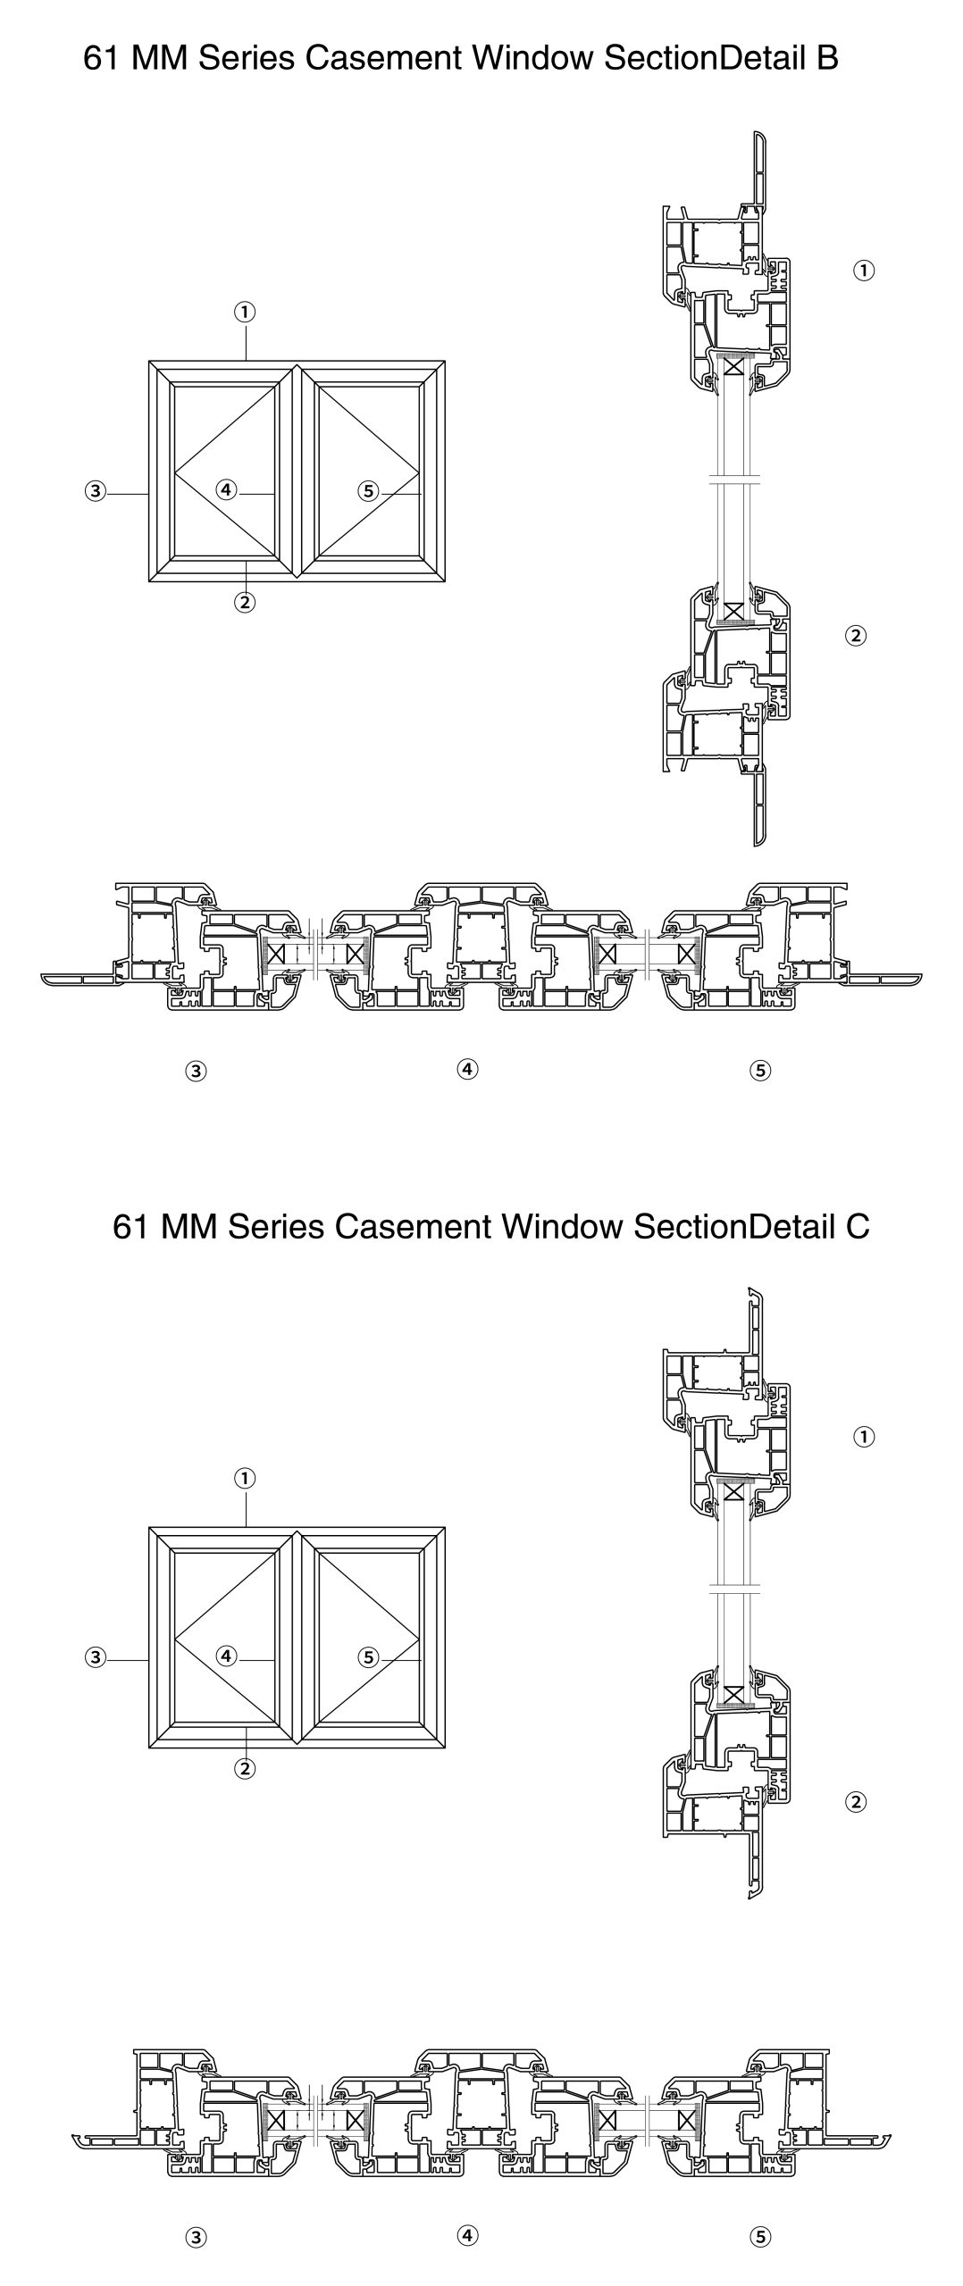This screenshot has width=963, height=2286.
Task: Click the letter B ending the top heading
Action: (x=827, y=59)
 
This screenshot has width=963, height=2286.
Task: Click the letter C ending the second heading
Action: (x=857, y=1226)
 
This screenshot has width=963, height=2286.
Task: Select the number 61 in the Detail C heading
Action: (x=130, y=1226)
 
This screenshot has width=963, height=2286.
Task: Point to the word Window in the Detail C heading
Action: (x=561, y=1226)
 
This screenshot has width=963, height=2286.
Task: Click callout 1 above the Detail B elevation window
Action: (x=245, y=312)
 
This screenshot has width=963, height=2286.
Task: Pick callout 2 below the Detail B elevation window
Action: (x=245, y=602)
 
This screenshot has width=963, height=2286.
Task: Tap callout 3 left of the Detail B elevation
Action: (x=96, y=490)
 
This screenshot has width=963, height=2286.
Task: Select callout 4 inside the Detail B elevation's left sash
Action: (x=226, y=489)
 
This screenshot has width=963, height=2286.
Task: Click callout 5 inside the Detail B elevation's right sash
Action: (x=368, y=490)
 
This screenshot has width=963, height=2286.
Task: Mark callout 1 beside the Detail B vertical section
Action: (x=864, y=270)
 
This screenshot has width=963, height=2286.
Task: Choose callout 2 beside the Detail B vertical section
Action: (x=856, y=636)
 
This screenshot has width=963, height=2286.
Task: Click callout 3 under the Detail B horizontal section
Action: (x=197, y=1071)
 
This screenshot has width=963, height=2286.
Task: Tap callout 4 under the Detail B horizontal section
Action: (x=467, y=1068)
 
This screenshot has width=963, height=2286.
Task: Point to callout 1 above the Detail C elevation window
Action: (x=245, y=1478)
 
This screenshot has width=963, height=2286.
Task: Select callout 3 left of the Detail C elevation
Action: (x=96, y=1657)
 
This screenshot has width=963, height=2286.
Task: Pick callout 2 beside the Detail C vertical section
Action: (x=856, y=1802)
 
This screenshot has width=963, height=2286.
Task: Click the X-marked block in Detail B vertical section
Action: (x=734, y=611)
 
